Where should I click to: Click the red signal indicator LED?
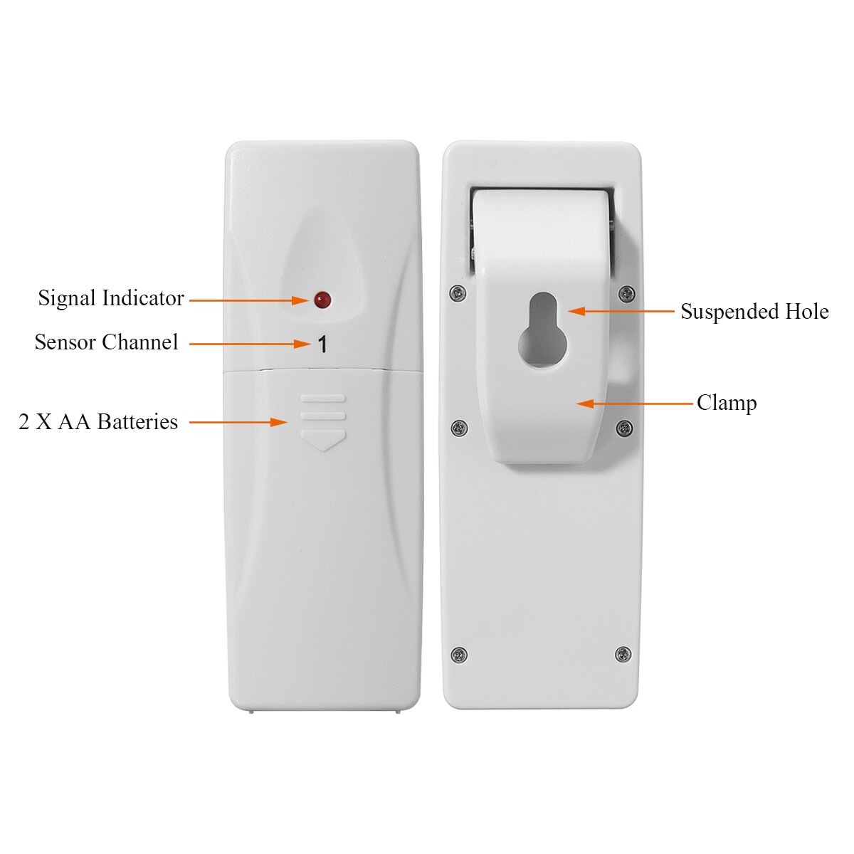[x=322, y=300]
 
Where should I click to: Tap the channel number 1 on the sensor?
[x=322, y=345]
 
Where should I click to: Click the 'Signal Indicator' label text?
[x=111, y=298]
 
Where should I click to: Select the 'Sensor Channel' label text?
[x=106, y=342]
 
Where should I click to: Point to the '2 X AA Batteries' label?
[x=98, y=422]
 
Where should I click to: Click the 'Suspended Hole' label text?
[x=754, y=312]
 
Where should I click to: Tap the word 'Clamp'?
[x=726, y=403]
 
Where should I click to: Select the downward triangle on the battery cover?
[x=323, y=439]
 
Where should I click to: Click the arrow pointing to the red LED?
[x=249, y=300]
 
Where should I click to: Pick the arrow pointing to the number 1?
[x=249, y=344]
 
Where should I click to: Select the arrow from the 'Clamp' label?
[x=633, y=404]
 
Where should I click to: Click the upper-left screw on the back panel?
[x=459, y=291]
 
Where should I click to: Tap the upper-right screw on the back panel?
[x=626, y=292]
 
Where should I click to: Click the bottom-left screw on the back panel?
[x=459, y=654]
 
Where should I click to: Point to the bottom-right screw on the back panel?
[x=623, y=653]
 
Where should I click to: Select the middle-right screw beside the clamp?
[x=624, y=428]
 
